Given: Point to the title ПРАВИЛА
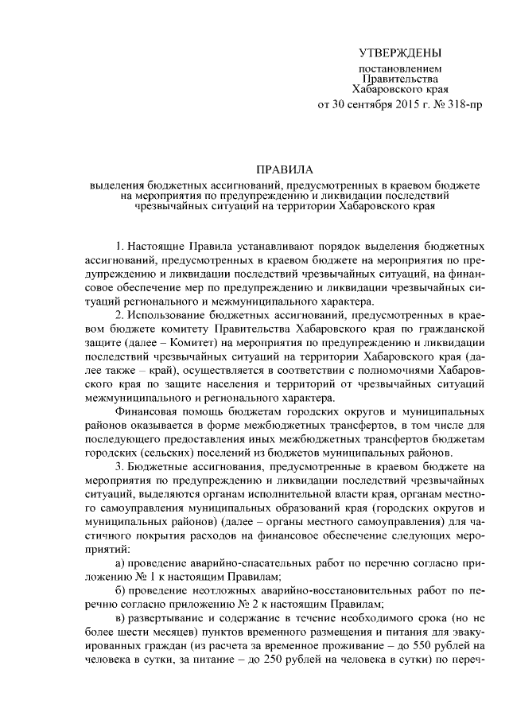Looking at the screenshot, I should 285,169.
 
